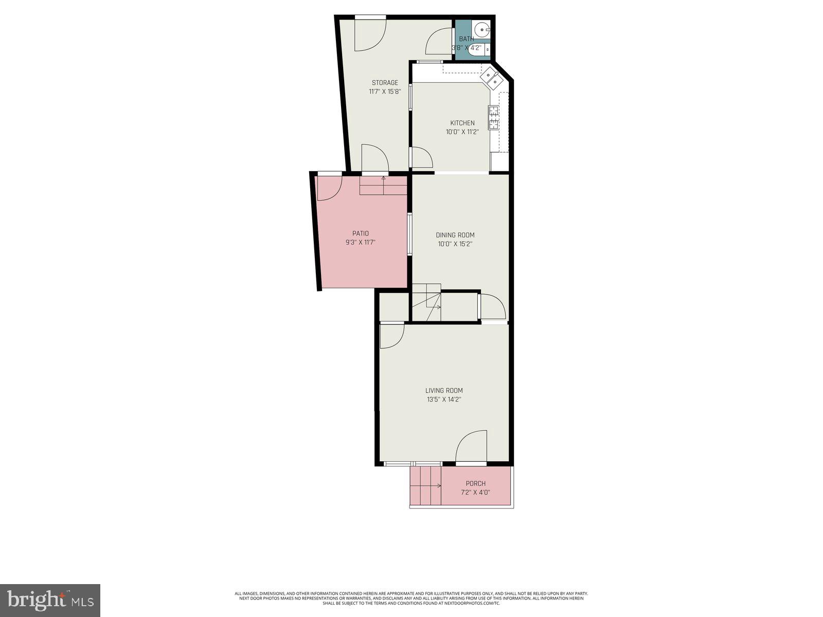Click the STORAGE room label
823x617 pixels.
click(385, 83)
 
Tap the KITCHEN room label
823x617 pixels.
click(462, 123)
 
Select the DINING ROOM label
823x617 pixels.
click(455, 235)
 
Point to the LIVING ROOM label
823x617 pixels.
click(444, 390)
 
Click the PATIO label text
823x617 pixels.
click(361, 233)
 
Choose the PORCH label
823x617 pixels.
click(475, 483)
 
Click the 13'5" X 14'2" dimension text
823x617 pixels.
click(444, 399)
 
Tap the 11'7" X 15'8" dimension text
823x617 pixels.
click(385, 92)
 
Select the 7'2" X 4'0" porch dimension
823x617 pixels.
click(475, 492)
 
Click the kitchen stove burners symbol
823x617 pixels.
click(493, 117)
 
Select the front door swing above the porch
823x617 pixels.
click(472, 446)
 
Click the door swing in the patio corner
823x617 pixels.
click(328, 188)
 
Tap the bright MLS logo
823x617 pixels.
click(50, 600)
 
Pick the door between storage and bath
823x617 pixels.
click(439, 41)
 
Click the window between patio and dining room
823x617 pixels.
click(409, 234)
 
